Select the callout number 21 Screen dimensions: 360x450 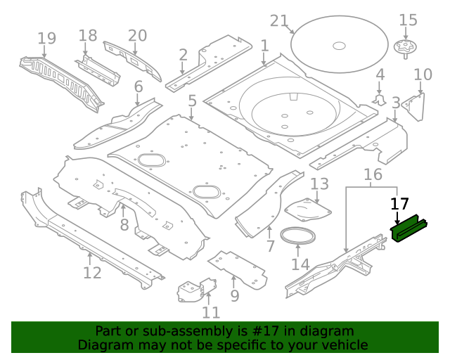pyautogui.click(x=279, y=20)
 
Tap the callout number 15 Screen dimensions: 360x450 pyautogui.click(x=408, y=20)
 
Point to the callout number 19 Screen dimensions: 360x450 pyautogui.click(x=46, y=38)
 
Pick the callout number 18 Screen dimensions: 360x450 pyautogui.click(x=88, y=35)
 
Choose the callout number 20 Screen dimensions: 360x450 pyautogui.click(x=137, y=35)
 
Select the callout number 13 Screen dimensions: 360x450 pyautogui.click(x=319, y=184)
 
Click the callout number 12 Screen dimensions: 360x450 pyautogui.click(x=92, y=272)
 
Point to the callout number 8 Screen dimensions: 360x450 pyautogui.click(x=124, y=225)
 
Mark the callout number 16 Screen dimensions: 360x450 pyautogui.click(x=373, y=174)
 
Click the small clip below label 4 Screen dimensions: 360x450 pyautogui.click(x=380, y=100)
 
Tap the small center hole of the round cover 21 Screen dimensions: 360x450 pyautogui.click(x=339, y=46)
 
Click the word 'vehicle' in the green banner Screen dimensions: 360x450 pyautogui.click(x=344, y=345)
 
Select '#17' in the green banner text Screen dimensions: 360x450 pyautogui.click(x=246, y=331)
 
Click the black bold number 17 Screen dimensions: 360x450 pyautogui.click(x=399, y=204)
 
